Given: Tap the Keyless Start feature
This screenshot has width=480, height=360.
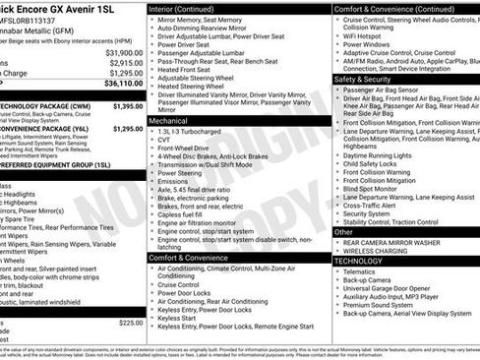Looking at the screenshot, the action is [177, 318].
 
